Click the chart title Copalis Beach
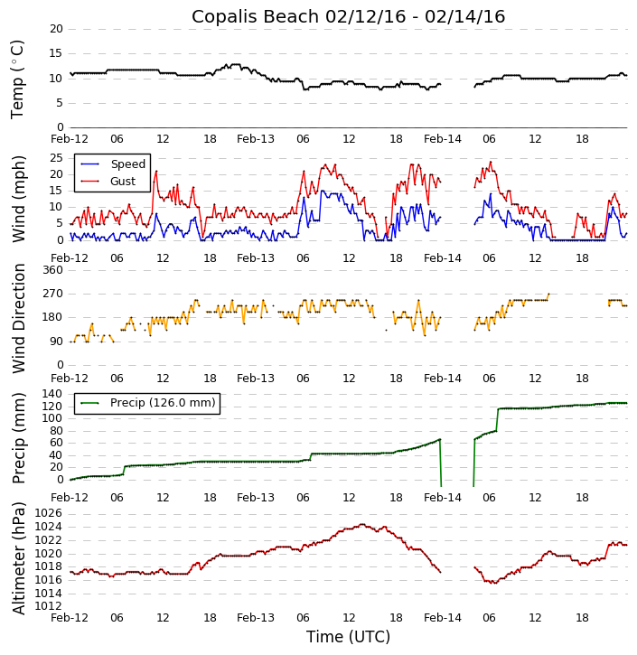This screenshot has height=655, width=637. click(348, 16)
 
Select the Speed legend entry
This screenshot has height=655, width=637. click(127, 164)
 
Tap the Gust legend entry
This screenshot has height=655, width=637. click(123, 182)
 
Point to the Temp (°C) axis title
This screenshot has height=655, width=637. click(18, 79)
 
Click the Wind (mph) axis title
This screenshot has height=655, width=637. click(18, 198)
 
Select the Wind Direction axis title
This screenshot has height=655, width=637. click(18, 317)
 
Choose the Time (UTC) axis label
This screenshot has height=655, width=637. click(348, 637)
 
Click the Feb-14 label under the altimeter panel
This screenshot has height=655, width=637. click(442, 619)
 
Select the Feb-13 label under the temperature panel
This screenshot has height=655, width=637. click(256, 139)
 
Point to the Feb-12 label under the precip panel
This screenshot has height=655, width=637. click(70, 498)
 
